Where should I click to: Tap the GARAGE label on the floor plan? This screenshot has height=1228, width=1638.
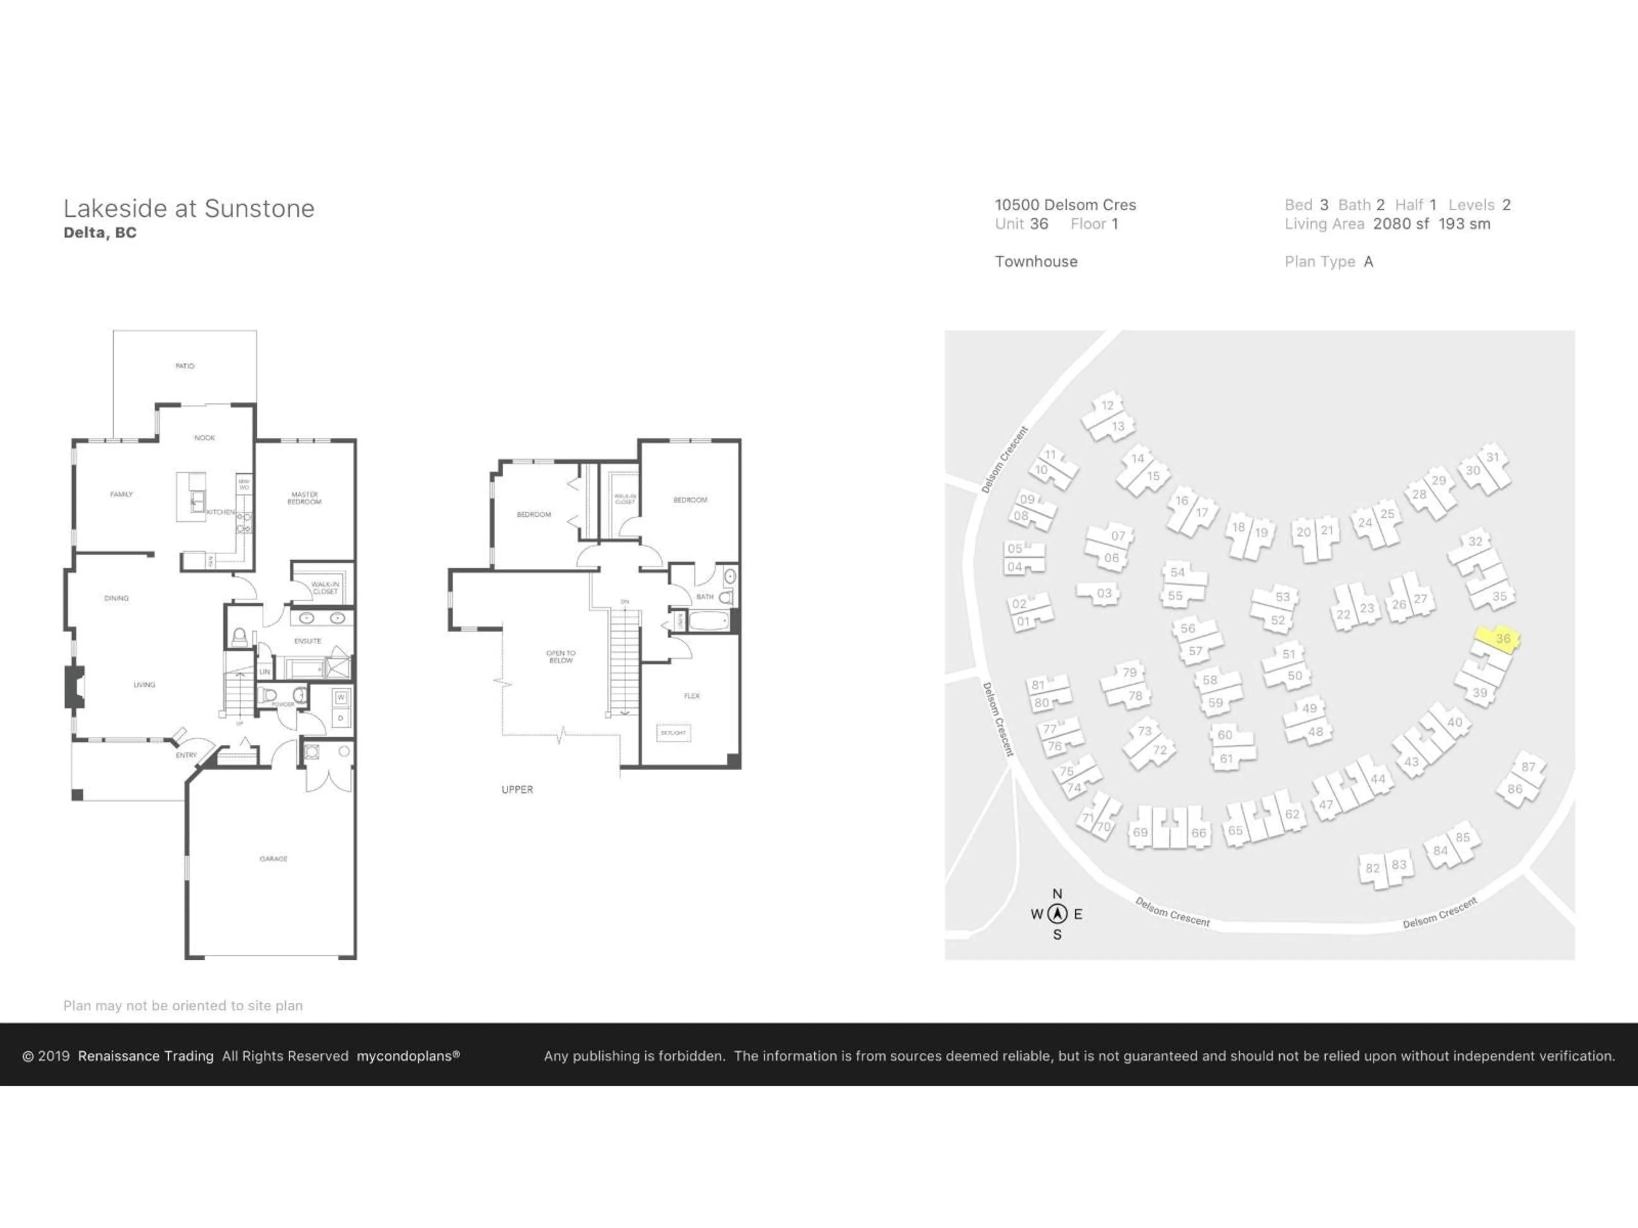(x=273, y=859)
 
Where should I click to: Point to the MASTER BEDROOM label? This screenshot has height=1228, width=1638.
(x=304, y=498)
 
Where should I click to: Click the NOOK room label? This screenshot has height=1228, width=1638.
(x=204, y=437)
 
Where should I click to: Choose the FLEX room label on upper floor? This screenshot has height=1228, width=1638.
(x=691, y=696)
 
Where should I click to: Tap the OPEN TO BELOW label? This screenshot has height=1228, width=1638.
(x=561, y=657)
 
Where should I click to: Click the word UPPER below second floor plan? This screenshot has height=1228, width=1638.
(x=517, y=789)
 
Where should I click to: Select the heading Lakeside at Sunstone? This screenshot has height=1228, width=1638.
(x=189, y=209)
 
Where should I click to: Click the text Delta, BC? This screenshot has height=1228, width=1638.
(x=100, y=232)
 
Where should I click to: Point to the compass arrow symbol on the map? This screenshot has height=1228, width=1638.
(x=1057, y=914)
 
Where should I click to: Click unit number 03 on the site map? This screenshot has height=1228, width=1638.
(x=1104, y=593)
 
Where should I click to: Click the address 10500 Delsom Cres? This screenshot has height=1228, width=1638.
(x=1065, y=205)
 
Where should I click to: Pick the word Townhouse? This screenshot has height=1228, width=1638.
(x=1036, y=261)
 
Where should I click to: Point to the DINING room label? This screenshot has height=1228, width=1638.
(x=116, y=598)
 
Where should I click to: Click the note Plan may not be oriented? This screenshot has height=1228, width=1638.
(x=183, y=1005)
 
